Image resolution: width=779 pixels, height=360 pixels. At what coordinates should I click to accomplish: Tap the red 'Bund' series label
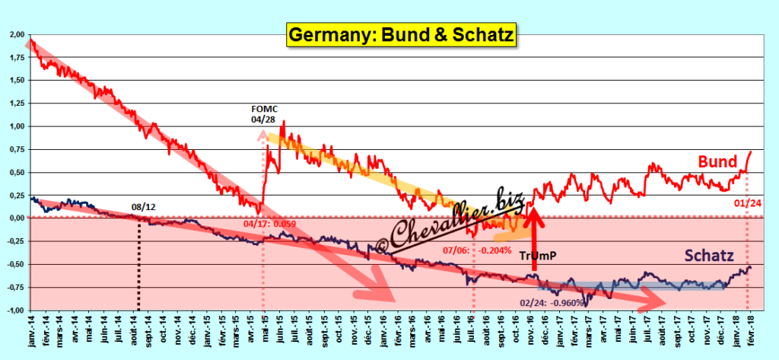tap(718, 162)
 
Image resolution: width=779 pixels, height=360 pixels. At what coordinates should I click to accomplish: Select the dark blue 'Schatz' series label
tap(708, 255)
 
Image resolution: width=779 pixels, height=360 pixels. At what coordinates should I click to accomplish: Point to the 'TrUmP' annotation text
tap(538, 256)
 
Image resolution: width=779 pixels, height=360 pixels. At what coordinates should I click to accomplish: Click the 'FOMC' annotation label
tap(264, 109)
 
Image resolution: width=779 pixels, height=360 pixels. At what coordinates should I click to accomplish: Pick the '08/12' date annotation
tap(144, 205)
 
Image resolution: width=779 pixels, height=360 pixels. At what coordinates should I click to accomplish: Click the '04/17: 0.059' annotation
tap(272, 225)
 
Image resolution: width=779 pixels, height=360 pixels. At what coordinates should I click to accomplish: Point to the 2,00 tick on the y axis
tap(16, 35)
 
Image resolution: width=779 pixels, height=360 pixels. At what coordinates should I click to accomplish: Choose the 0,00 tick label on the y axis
tap(16, 218)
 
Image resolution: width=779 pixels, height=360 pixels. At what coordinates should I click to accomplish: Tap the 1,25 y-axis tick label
tap(16, 104)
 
